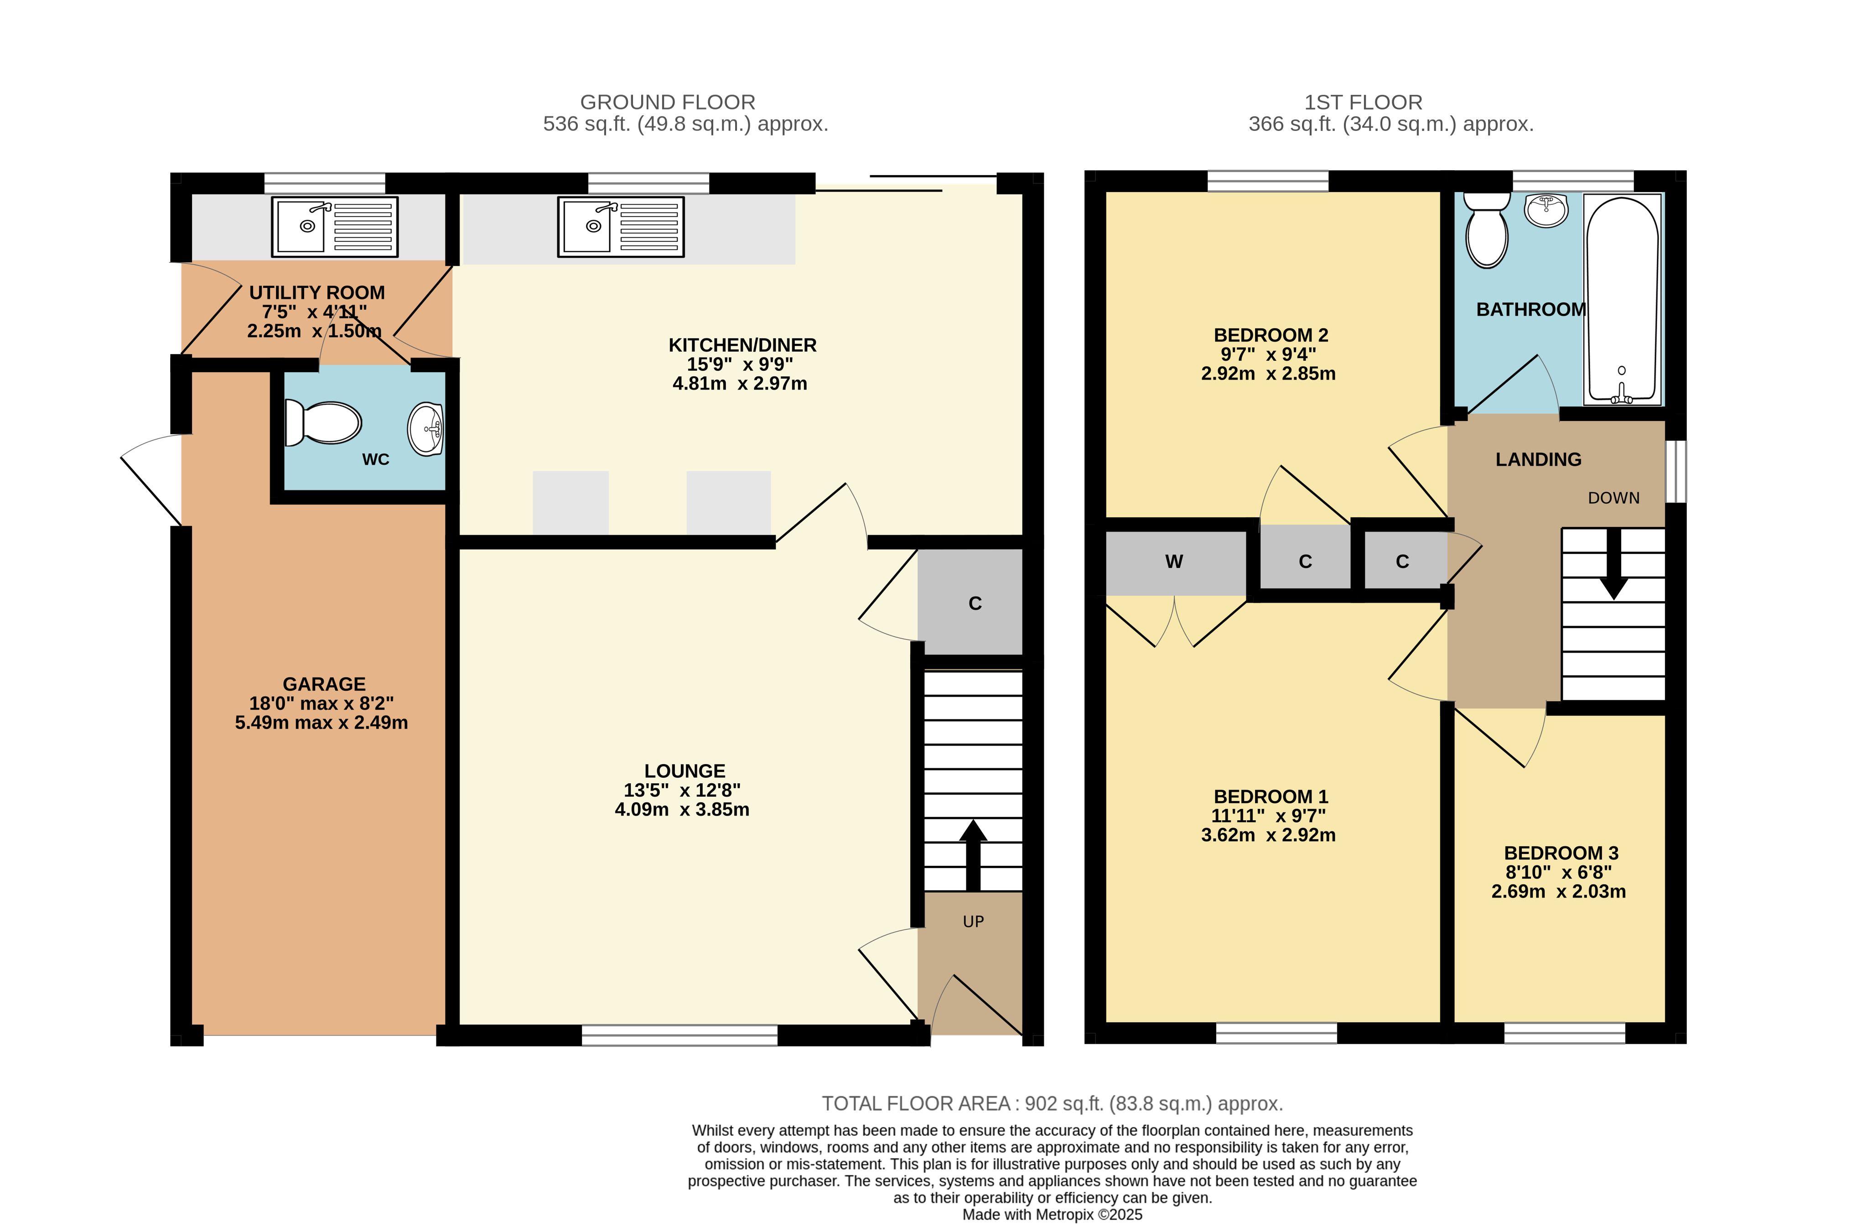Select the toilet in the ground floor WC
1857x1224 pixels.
(323, 422)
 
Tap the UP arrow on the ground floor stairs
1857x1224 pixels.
(973, 855)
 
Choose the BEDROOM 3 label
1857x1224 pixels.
(1561, 853)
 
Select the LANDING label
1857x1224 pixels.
(1538, 460)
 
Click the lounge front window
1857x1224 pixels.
(680, 1035)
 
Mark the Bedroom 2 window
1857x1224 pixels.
(1268, 181)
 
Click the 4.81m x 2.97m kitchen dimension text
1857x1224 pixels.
(740, 383)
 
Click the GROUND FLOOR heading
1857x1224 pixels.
(668, 102)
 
